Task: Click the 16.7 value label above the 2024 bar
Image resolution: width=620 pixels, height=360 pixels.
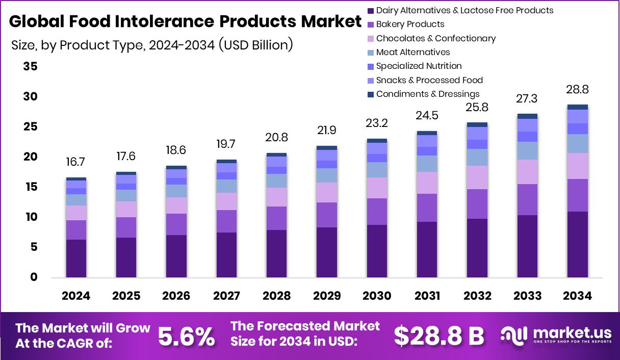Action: pos(76,162)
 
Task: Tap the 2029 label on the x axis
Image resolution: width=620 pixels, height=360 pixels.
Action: pos(327,296)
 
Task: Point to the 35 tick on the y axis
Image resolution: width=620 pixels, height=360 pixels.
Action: pos(30,67)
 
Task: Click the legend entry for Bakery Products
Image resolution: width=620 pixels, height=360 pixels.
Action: pos(410,24)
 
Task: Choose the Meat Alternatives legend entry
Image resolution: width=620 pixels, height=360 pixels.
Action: pos(412,52)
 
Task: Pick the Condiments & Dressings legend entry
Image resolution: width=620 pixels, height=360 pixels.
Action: pos(427,94)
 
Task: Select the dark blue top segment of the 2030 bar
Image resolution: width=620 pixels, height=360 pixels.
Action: pos(377,140)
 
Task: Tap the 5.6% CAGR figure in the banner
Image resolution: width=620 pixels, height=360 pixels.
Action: pos(186,336)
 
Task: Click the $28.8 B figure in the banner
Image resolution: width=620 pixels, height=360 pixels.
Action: pos(438,336)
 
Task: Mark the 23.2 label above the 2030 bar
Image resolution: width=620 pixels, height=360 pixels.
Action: pos(377,123)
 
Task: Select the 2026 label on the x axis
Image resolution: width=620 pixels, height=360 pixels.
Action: pos(176,296)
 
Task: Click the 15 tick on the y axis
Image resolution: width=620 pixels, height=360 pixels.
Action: pos(30,187)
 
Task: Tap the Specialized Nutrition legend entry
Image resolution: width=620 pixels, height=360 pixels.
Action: pos(419,66)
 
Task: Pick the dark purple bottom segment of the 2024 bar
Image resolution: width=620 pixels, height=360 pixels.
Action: pos(76,258)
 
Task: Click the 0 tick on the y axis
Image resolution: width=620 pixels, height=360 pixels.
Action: pos(34,277)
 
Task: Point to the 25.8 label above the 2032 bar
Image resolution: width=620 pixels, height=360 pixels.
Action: pos(477,108)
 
